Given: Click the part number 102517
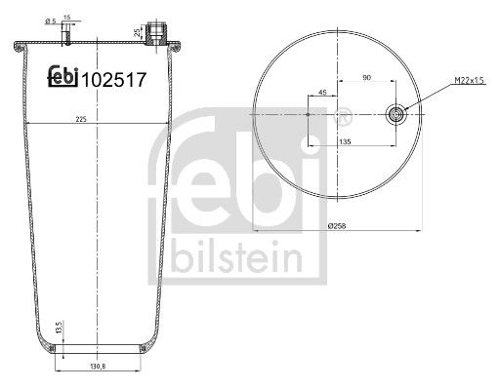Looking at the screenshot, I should (x=114, y=83).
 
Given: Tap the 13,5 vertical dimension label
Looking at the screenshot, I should (x=60, y=327).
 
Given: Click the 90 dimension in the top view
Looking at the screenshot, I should (x=366, y=77).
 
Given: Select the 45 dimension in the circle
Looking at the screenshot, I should (x=323, y=94).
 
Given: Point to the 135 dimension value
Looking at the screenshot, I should (x=345, y=141).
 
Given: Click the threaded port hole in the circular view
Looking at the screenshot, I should (x=395, y=113).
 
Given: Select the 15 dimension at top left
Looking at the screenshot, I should (x=66, y=18).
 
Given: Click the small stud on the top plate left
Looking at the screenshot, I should (x=66, y=37).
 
